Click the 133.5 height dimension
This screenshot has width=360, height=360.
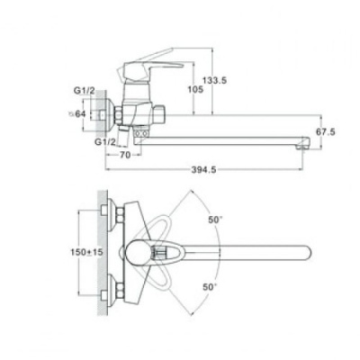click(214, 80)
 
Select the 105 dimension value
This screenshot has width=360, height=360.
click(195, 89)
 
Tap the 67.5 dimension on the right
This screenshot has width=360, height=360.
click(326, 131)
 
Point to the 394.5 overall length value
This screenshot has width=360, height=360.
click(203, 170)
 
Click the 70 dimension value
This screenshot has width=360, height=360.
click(125, 155)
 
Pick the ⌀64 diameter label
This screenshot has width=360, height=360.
click(77, 113)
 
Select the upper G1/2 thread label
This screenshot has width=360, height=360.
click(85, 91)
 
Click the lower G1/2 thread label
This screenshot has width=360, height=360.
click(105, 142)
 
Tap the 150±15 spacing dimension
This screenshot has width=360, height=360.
click(86, 252)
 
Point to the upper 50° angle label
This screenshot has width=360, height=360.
click(215, 220)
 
